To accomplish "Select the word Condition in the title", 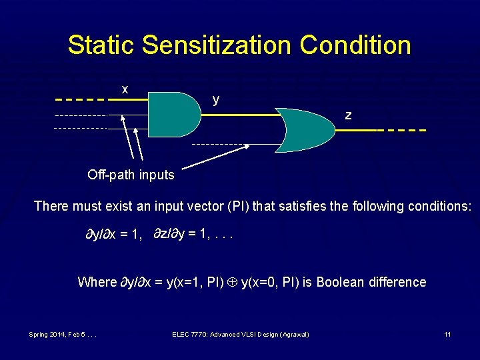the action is [355, 45].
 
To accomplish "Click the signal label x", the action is [125, 89].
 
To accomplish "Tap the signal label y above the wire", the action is [215, 99].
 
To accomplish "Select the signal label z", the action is [348, 115].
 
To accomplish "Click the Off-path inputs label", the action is [131, 175].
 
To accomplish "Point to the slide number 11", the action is [448, 333].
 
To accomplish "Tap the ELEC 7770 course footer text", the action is [240, 333].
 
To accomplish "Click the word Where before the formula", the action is [97, 282].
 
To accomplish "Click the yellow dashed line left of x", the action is [81, 100].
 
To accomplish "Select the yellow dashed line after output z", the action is [401, 130].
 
